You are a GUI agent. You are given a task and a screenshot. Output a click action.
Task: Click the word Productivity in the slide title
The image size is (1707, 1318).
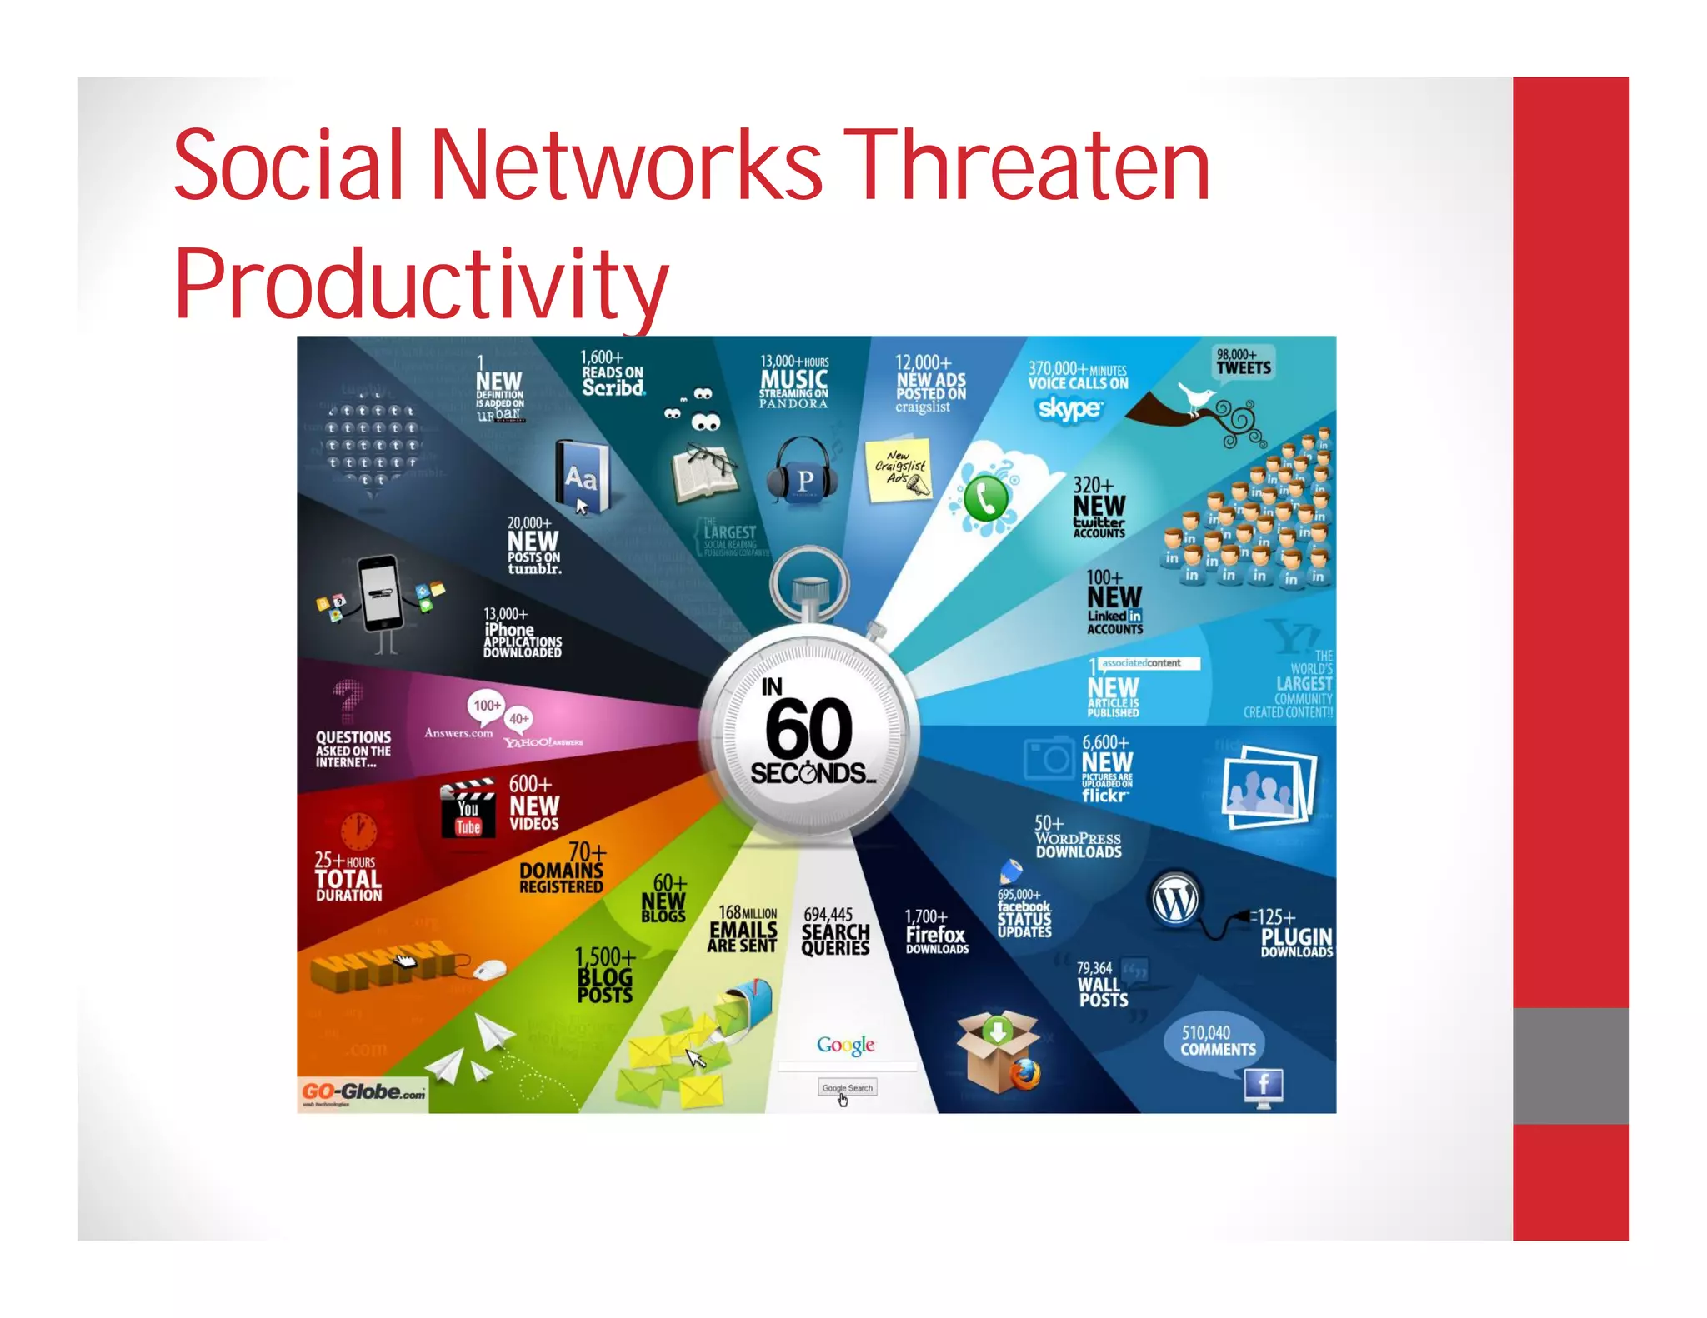(421, 283)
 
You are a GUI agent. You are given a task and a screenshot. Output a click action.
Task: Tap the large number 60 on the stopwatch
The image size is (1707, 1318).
(808, 728)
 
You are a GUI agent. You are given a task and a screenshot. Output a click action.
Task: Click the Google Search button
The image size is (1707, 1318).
(847, 1088)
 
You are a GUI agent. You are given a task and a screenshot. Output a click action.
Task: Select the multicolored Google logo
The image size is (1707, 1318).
(845, 1045)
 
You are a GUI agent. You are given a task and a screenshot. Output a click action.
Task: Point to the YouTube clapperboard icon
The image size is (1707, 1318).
(468, 808)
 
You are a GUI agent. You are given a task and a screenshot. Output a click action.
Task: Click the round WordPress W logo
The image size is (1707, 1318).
(1175, 901)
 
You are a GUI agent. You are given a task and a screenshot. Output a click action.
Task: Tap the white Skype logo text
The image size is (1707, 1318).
(1069, 408)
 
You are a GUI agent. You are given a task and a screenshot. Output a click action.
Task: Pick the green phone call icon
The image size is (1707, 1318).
(986, 498)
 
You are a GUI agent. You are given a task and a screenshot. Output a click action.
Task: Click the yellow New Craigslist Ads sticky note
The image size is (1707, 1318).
(899, 471)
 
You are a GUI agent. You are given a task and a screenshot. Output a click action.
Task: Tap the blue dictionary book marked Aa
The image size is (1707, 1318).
(581, 477)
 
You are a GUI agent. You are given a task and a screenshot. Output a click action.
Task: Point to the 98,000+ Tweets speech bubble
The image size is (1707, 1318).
(1243, 364)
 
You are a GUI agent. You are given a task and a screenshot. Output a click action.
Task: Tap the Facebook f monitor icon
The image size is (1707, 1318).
(1264, 1086)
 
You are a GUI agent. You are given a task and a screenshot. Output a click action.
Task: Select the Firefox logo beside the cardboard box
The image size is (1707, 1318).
(1025, 1074)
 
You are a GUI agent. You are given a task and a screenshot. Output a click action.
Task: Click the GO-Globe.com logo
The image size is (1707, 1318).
(363, 1093)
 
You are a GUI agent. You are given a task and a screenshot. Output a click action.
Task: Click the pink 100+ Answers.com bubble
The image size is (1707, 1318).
(487, 706)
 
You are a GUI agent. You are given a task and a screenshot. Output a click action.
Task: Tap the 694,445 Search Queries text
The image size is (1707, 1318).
(834, 931)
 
